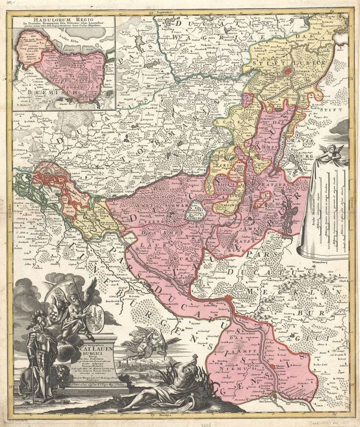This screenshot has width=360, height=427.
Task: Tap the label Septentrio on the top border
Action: click(161, 12)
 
